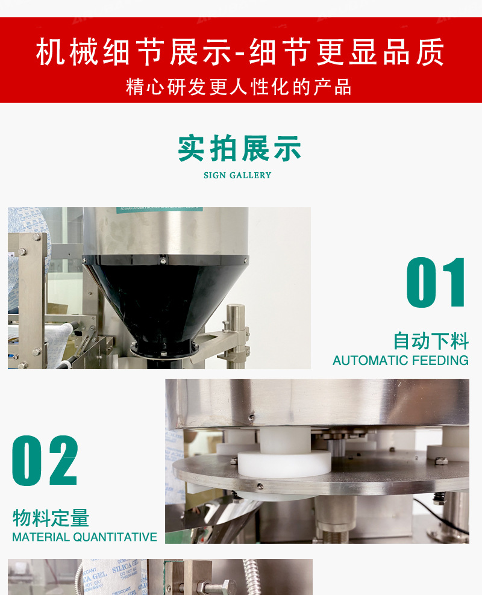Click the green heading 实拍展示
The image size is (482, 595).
click(239, 149)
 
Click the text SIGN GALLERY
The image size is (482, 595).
click(237, 175)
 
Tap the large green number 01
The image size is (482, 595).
click(436, 283)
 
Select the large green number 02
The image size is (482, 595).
click(46, 461)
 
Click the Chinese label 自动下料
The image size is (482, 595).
click(430, 341)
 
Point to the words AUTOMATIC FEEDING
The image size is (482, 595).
click(400, 360)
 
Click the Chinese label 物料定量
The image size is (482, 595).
click(51, 517)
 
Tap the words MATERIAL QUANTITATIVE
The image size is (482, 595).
click(84, 536)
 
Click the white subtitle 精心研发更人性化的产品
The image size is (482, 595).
click(239, 86)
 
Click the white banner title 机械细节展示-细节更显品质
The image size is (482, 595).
click(240, 52)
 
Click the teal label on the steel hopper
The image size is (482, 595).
click(159, 209)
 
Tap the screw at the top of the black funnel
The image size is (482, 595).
click(163, 261)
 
